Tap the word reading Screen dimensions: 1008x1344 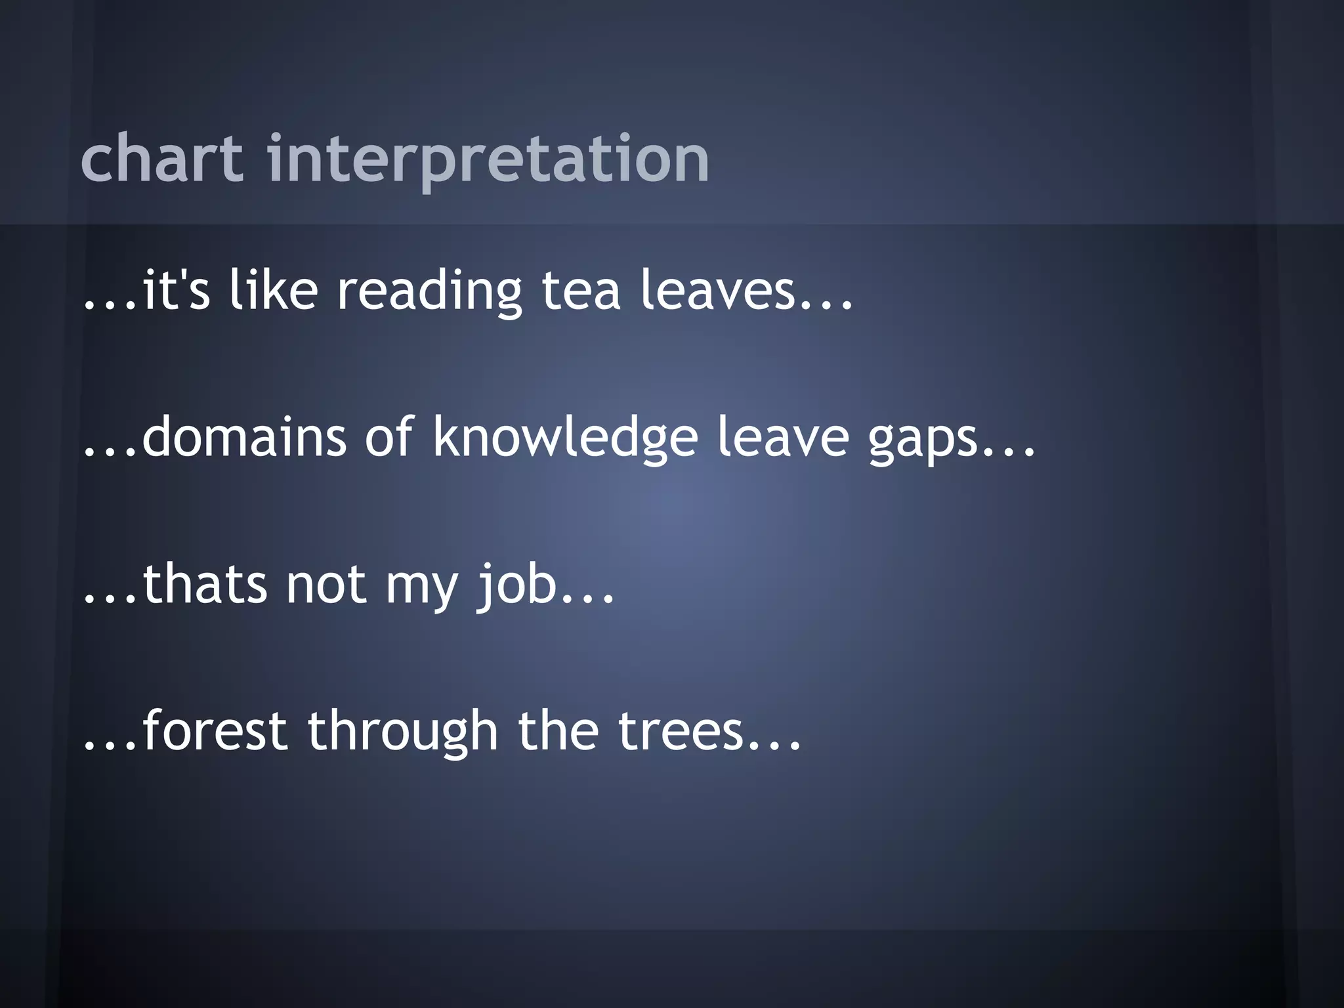pyautogui.click(x=429, y=290)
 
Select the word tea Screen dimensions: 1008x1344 pyautogui.click(x=581, y=290)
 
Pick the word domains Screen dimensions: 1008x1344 pyautogui.click(x=244, y=437)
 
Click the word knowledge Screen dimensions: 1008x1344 pyautogui.click(x=565, y=437)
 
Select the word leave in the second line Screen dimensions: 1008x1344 pyautogui.click(x=783, y=437)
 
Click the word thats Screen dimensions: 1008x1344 pyautogui.click(x=205, y=583)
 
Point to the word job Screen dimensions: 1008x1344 pyautogui.click(x=517, y=585)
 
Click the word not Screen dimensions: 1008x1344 pyautogui.click(x=326, y=585)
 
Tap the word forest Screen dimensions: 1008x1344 pyautogui.click(x=215, y=730)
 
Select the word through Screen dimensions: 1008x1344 pyautogui.click(x=403, y=730)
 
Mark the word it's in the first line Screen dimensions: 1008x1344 pyautogui.click(x=175, y=290)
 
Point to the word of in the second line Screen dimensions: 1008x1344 pyautogui.click(x=389, y=437)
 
